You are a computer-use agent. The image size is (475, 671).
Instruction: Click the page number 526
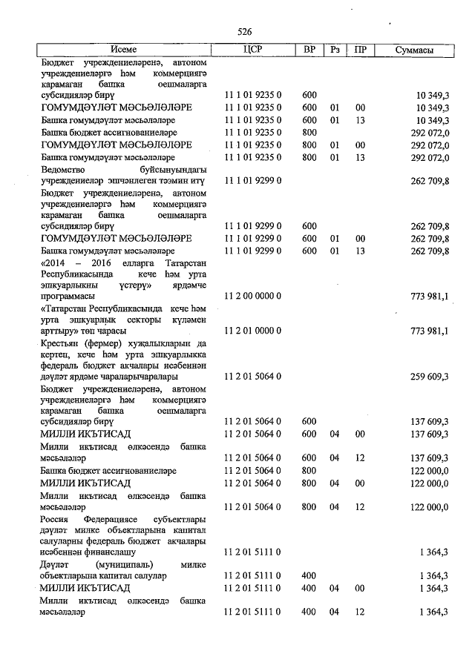(245, 32)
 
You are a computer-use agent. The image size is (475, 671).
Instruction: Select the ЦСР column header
(253, 50)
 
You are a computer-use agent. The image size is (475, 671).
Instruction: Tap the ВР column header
(309, 50)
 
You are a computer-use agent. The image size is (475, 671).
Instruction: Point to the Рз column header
(335, 50)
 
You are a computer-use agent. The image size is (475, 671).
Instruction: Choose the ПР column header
(360, 50)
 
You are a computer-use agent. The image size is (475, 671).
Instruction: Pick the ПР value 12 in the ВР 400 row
(360, 612)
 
